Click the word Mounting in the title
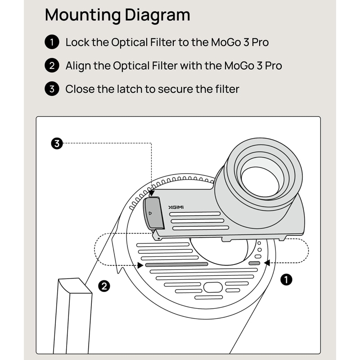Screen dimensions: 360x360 click(83, 15)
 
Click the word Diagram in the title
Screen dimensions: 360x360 click(157, 15)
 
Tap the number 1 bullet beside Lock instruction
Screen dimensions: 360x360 click(52, 42)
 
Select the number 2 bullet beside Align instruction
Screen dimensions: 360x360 click(52, 65)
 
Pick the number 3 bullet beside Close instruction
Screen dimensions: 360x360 click(52, 89)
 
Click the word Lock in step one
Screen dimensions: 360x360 click(77, 42)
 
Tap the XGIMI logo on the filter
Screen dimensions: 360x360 click(176, 207)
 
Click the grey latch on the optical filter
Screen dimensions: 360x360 click(153, 213)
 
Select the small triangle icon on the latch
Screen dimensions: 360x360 click(150, 213)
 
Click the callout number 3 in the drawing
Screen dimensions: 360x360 click(57, 144)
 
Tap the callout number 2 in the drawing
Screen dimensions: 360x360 click(104, 286)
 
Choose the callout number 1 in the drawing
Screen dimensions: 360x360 click(286, 279)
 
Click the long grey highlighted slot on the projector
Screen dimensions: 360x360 click(176, 265)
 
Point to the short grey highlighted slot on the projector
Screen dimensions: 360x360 click(254, 263)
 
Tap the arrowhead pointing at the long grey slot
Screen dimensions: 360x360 click(140, 265)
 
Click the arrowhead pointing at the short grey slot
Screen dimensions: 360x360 click(267, 263)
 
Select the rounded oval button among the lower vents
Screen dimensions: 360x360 click(213, 287)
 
